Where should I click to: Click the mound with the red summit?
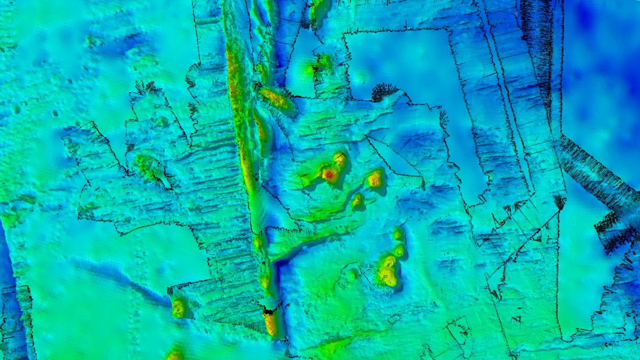[x=329, y=174]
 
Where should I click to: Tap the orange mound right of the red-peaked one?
[x=375, y=179]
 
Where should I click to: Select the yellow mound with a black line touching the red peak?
[x=340, y=159]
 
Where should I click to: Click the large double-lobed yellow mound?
[x=387, y=270]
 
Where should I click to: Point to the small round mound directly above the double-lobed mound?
[x=399, y=250]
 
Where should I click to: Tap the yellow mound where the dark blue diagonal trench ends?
[x=178, y=308]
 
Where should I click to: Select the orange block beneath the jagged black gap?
[x=271, y=323]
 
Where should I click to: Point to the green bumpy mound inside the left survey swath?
[x=146, y=165]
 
